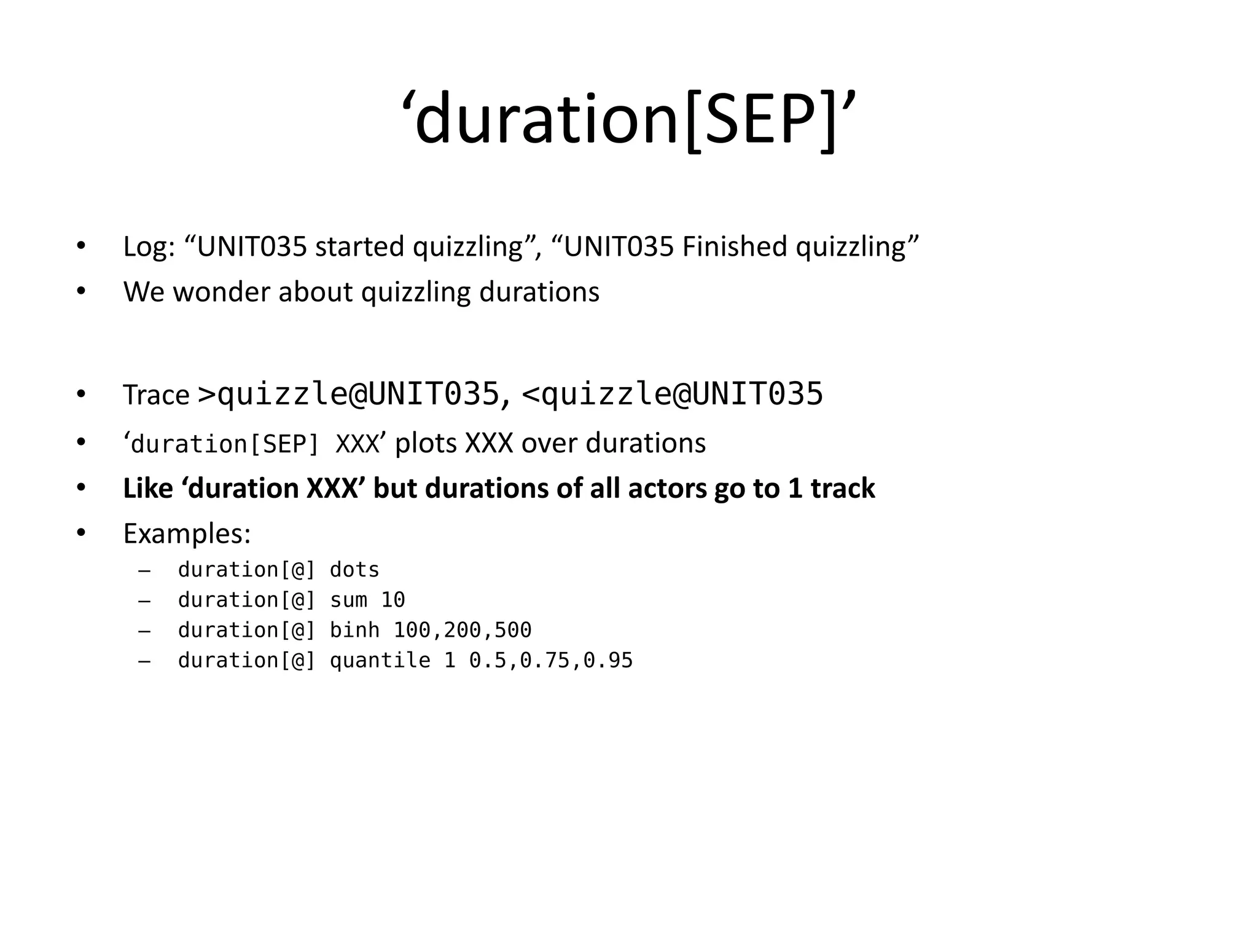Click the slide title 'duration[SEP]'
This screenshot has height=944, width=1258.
tap(628, 118)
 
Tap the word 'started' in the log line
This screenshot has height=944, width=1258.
tap(359, 247)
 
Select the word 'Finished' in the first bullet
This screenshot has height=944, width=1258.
tap(734, 247)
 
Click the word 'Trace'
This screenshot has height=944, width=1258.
tap(156, 395)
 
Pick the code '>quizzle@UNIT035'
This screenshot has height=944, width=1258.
tap(348, 394)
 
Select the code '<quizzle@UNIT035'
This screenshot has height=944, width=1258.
tap(672, 394)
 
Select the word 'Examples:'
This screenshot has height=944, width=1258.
tap(187, 533)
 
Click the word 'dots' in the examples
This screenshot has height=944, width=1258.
tap(354, 570)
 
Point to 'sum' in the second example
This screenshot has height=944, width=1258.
tap(348, 600)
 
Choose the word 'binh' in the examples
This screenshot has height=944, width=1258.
tap(354, 630)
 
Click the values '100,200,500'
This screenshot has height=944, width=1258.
tap(462, 630)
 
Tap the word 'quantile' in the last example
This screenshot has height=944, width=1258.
tap(380, 661)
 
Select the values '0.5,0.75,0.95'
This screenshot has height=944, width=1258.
tap(550, 661)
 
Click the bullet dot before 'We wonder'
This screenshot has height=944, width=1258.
tap(81, 291)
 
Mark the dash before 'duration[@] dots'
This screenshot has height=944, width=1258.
tap(144, 571)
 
